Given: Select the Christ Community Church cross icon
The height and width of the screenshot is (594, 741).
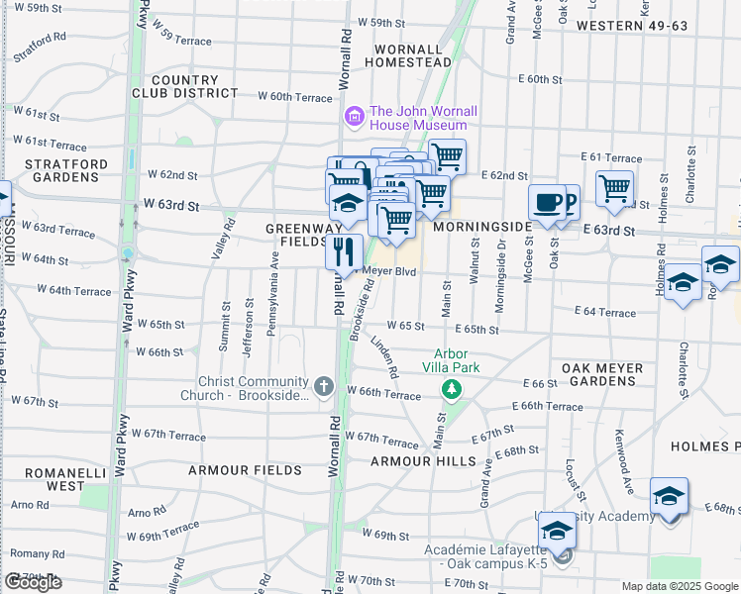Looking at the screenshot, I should click(x=324, y=385).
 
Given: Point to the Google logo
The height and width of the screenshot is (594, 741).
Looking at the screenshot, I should click(x=33, y=582).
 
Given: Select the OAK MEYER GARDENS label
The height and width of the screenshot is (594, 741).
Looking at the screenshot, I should click(x=602, y=375).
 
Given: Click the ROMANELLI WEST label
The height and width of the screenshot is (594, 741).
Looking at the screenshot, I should click(x=53, y=479).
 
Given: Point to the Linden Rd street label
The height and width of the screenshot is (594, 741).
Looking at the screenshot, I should click(x=384, y=357).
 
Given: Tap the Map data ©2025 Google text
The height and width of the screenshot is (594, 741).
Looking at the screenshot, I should click(x=679, y=586).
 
